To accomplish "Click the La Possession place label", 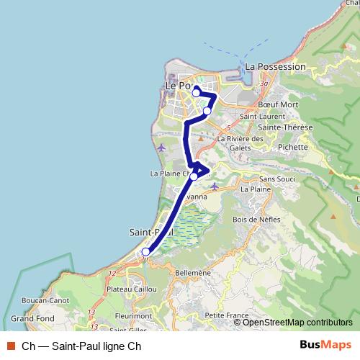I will click(275, 67).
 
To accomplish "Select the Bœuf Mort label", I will click(277, 104).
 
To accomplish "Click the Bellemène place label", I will click(192, 273).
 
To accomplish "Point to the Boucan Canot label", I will click(45, 300).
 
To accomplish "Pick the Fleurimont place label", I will click(132, 315).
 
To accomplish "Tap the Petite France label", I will click(226, 315).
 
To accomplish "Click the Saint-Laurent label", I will click(258, 116).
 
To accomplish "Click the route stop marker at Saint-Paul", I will click(145, 252).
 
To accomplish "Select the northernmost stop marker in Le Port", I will click(196, 93).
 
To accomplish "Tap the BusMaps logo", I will click(325, 345).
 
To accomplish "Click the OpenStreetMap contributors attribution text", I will click(297, 322).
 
